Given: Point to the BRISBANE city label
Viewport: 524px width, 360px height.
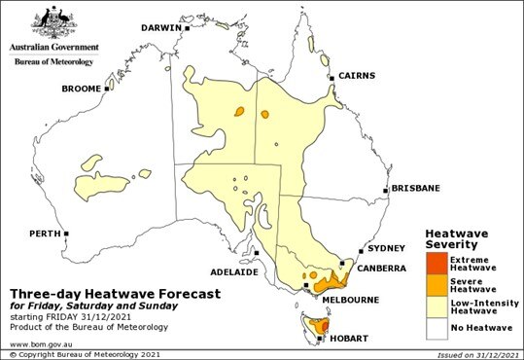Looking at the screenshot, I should pos(416,188).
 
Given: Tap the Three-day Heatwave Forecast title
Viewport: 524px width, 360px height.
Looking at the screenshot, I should pos(115,292).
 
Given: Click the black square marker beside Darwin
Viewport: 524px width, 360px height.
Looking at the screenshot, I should pos(187,28).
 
